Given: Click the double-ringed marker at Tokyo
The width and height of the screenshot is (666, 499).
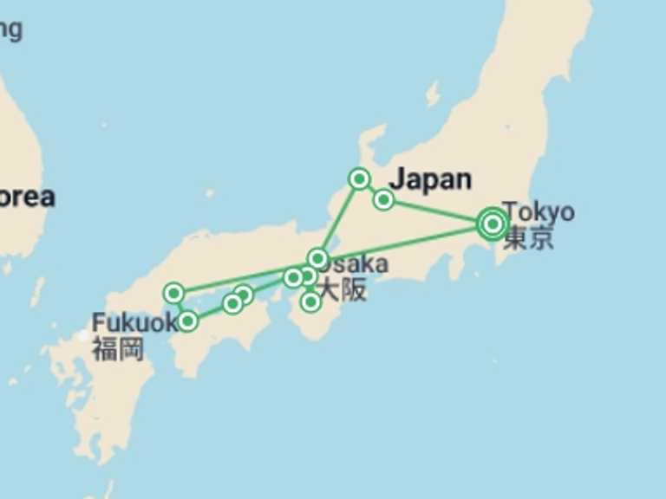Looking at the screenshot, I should [x=493, y=224].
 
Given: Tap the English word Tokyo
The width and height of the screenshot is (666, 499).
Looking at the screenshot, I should [x=538, y=211].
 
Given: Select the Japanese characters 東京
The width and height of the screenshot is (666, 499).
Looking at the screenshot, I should [x=528, y=238].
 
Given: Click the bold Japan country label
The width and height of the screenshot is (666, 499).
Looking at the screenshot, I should [x=430, y=180].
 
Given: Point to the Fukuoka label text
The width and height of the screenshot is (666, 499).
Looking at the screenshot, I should [x=130, y=323].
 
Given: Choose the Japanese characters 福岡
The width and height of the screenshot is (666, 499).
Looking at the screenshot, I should [x=118, y=350].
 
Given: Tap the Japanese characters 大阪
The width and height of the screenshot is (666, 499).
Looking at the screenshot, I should [x=343, y=290].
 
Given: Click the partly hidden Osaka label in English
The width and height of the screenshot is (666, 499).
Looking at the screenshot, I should [x=357, y=264].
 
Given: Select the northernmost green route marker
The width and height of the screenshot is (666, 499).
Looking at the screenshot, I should [x=359, y=178].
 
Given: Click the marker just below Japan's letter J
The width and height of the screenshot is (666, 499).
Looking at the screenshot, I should [x=383, y=200].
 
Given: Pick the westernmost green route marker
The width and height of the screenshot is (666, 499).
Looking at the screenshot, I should [x=174, y=293].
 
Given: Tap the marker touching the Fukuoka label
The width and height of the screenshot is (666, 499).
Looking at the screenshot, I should [x=187, y=322].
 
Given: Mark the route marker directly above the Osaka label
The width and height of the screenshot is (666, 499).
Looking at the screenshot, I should [x=317, y=258].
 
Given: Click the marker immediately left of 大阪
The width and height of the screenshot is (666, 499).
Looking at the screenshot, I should [x=310, y=301].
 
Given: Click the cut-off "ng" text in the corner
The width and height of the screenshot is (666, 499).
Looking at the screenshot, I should [x=10, y=29].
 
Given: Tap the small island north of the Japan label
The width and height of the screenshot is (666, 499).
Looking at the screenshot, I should [x=433, y=93].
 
